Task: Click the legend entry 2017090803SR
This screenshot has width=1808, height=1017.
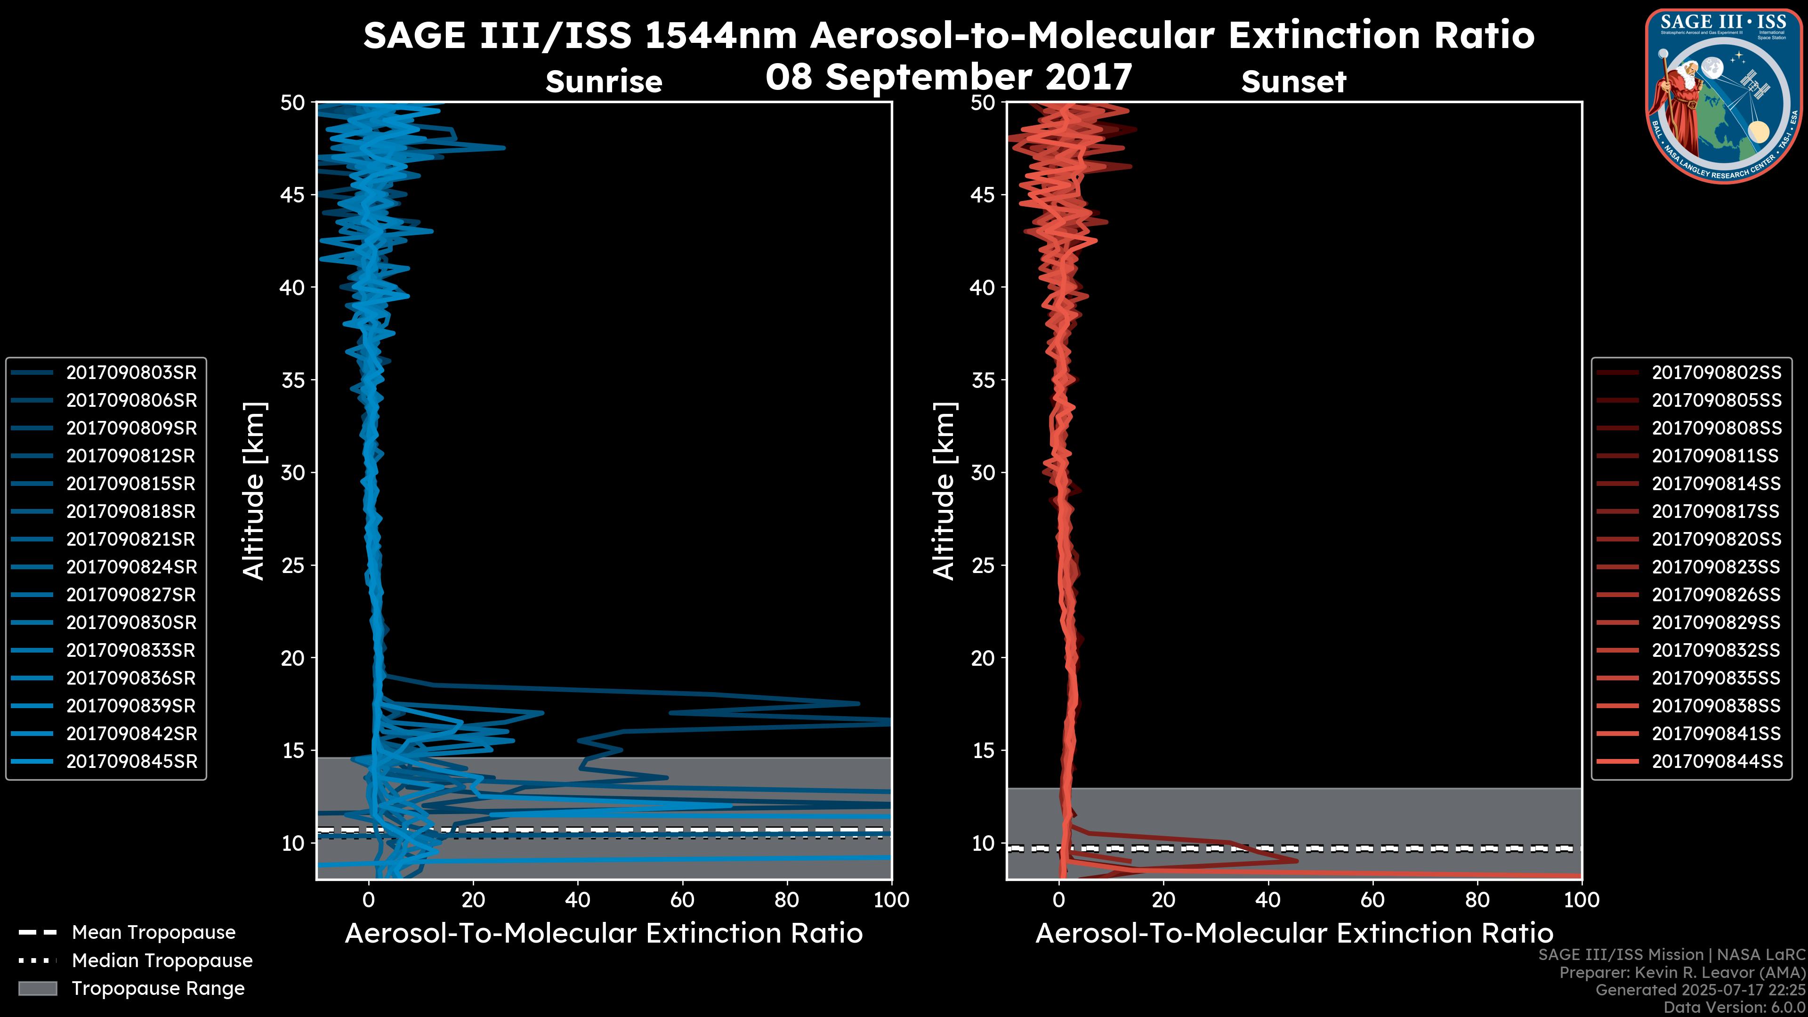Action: pos(131,373)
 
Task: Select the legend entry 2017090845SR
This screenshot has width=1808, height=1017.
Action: pos(131,761)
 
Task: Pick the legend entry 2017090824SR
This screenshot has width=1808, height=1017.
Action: pos(131,567)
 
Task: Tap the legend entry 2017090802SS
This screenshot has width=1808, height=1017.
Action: pos(1716,373)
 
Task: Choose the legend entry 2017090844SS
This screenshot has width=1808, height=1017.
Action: pos(1716,761)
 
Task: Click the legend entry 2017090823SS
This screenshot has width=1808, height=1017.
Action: pos(1716,567)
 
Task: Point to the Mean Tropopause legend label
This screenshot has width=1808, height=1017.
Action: pos(153,933)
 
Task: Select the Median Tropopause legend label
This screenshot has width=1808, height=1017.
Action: pos(161,961)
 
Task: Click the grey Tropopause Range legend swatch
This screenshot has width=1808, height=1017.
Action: pos(38,989)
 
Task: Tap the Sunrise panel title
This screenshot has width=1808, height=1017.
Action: pos(604,82)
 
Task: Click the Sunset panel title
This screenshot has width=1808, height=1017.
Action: pos(1293,82)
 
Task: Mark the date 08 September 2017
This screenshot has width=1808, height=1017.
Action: pos(948,77)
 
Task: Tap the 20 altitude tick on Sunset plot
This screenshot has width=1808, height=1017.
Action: pos(983,658)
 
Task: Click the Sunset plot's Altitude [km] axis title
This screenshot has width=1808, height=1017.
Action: pos(944,491)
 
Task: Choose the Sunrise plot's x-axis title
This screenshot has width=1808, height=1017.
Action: pos(604,934)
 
